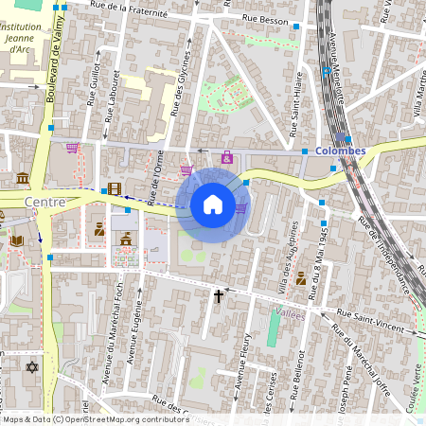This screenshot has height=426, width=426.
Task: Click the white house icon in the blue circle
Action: click(x=212, y=204)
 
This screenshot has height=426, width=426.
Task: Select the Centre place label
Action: click(x=44, y=202)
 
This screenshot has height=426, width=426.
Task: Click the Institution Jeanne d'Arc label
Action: click(x=21, y=37)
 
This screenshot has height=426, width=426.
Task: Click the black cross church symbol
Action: click(x=219, y=296)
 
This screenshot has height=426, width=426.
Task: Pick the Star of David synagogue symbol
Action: click(x=32, y=366)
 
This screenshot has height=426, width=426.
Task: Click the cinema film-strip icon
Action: click(x=114, y=188)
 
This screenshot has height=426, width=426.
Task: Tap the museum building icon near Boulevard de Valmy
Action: click(x=23, y=179)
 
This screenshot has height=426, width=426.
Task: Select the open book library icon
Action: click(x=17, y=241)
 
